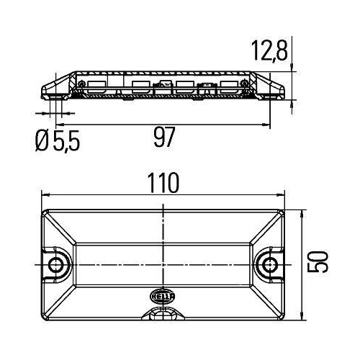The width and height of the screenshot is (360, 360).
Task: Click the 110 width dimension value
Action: [165, 184]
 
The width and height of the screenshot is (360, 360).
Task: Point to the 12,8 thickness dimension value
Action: [269, 50]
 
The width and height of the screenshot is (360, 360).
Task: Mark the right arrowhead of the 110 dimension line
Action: [284, 195]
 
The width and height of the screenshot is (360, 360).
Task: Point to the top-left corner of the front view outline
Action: [45, 210]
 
